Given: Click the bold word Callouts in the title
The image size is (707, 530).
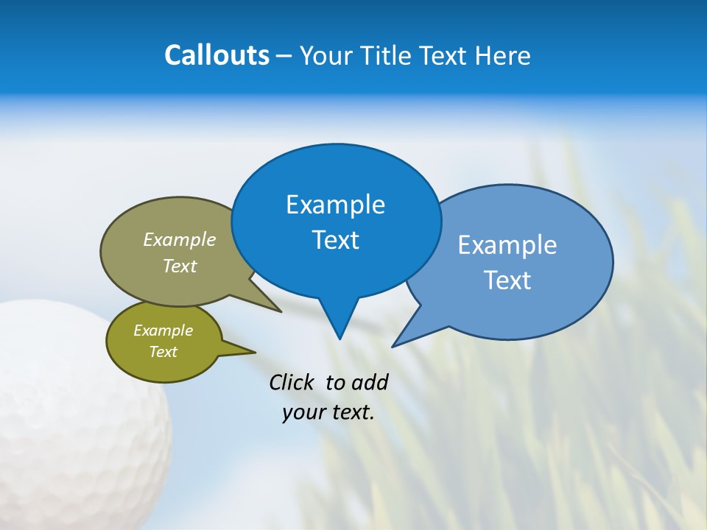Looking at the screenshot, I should [x=217, y=55].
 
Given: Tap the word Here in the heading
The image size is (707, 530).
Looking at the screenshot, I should [x=502, y=55].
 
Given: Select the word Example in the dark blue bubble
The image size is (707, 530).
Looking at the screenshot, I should [x=335, y=205].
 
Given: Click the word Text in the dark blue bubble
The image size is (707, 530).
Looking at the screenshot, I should [x=335, y=240].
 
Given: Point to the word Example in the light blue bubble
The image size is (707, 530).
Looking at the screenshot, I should [x=507, y=245].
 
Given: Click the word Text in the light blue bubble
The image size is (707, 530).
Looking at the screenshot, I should [x=507, y=280].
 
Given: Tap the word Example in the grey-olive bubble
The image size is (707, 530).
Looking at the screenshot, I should [x=180, y=240].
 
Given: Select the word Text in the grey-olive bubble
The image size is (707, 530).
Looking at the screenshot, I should [x=180, y=266].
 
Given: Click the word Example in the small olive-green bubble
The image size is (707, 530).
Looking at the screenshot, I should [x=163, y=331].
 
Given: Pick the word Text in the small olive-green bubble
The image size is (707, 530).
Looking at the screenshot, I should [x=163, y=352].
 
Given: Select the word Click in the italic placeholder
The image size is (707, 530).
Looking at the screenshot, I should [x=292, y=382].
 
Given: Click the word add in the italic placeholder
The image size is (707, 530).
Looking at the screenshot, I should [x=370, y=382].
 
